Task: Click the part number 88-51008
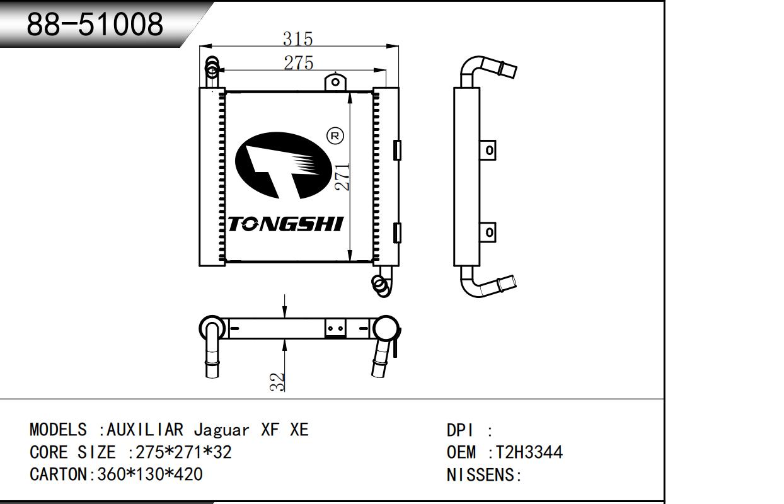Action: (x=95, y=24)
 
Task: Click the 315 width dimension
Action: (x=297, y=39)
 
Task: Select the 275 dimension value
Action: (x=299, y=63)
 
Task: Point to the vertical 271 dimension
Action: (x=342, y=177)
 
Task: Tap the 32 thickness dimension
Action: (x=278, y=382)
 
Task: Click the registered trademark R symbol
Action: (x=335, y=135)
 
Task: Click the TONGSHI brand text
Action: (x=285, y=224)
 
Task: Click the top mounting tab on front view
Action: (x=335, y=82)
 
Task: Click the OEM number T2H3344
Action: (x=529, y=452)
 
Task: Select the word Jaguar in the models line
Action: (x=221, y=430)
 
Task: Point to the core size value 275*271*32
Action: (x=180, y=452)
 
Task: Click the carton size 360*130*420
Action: (x=149, y=474)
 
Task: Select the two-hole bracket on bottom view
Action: (x=335, y=328)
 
